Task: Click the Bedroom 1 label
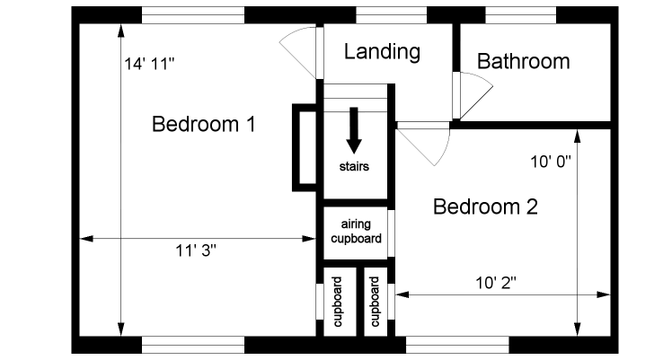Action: pos(204,124)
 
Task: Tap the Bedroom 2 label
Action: pos(485,207)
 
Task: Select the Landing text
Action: pos(382,51)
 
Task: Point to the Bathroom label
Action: pos(523,61)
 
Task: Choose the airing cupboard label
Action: pos(356,232)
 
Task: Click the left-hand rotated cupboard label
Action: pos(338,303)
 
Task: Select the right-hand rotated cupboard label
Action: pos(375,303)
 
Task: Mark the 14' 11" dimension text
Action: pos(150,64)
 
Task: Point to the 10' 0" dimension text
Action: pos(551,162)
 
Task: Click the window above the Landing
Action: pos(391,15)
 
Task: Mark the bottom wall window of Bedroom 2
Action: pos(457,344)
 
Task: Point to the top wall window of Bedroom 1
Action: pos(193,15)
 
